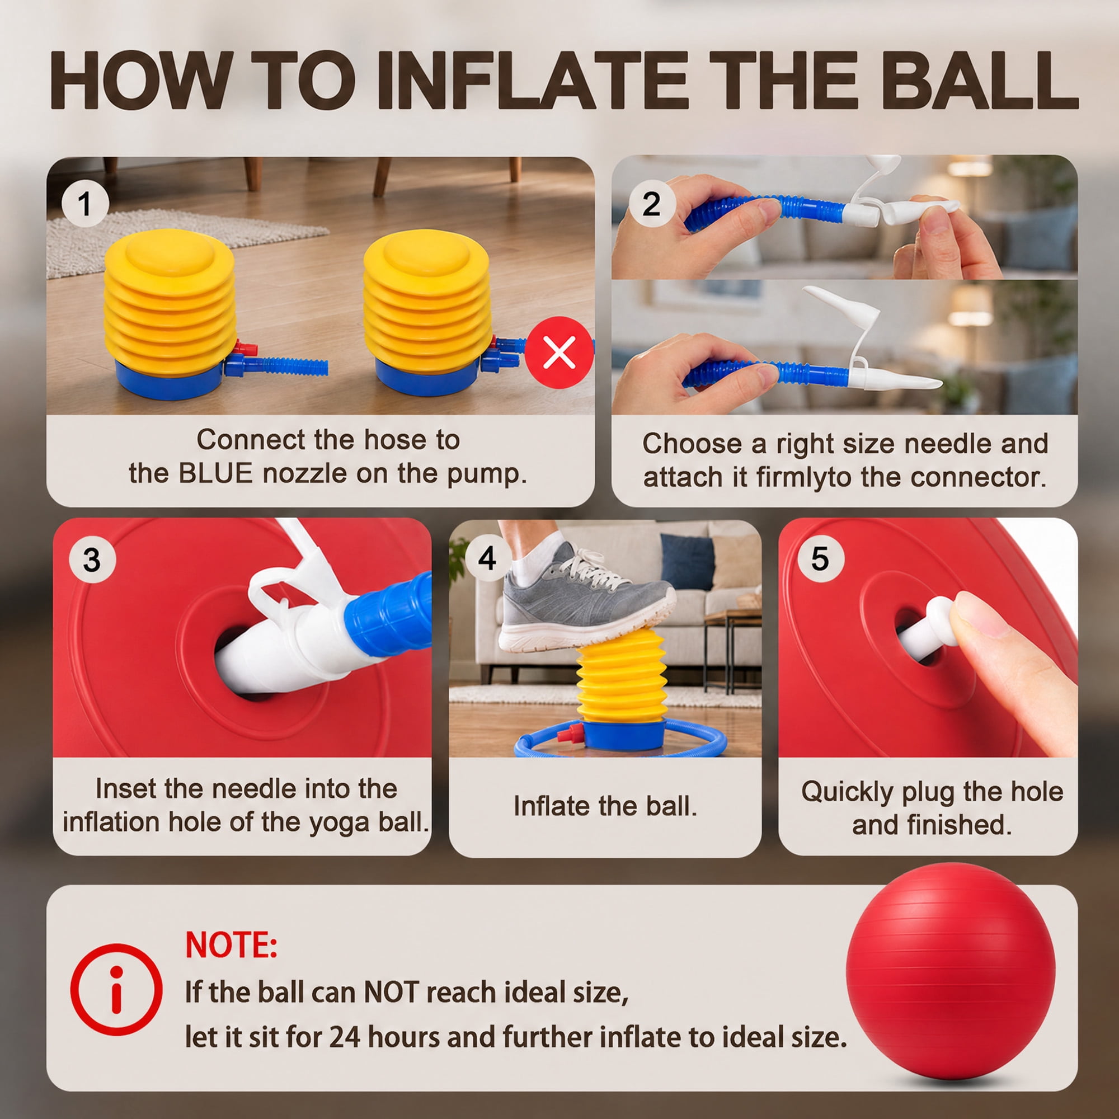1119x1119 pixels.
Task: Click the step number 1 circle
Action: tap(85, 204)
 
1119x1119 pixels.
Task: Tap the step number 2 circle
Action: tap(651, 204)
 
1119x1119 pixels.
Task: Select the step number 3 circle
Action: tap(92, 560)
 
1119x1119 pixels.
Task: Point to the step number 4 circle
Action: tap(487, 558)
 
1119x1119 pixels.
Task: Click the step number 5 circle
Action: tap(820, 559)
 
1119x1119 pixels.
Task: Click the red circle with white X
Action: tap(559, 351)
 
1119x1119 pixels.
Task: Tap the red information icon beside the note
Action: tap(116, 989)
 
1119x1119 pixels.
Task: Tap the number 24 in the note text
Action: tap(346, 1037)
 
